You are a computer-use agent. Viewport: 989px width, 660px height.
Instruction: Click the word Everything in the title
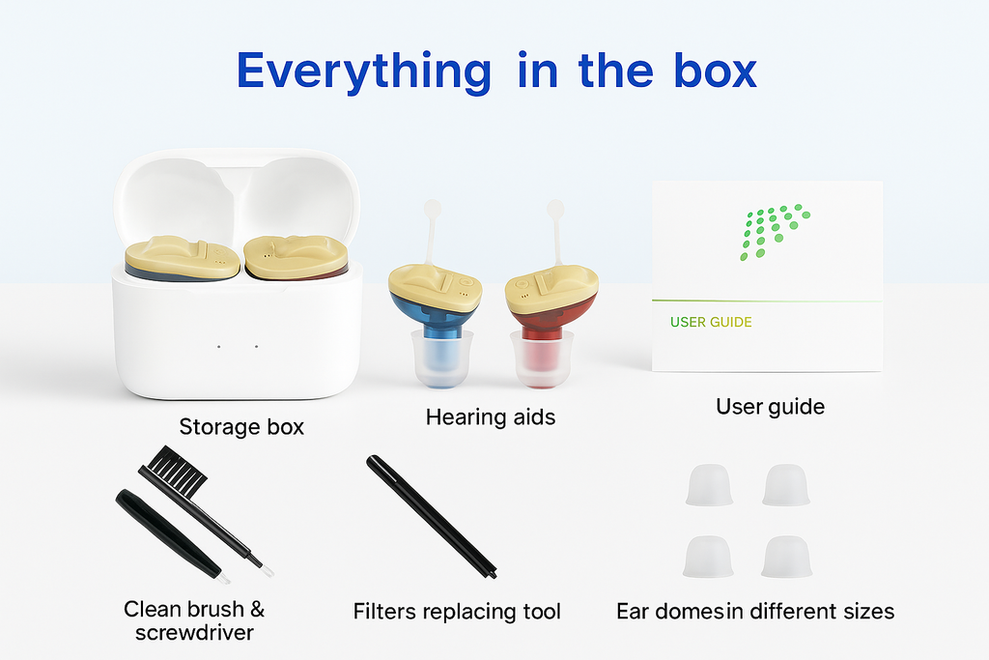point(363,72)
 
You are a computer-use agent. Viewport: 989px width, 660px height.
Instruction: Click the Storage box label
point(241,427)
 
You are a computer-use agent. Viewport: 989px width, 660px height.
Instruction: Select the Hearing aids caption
point(490,417)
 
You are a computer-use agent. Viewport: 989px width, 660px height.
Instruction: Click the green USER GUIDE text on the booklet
point(711,323)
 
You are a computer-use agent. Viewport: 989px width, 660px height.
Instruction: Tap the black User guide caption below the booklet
point(770,407)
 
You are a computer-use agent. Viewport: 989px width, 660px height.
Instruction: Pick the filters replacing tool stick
point(432,516)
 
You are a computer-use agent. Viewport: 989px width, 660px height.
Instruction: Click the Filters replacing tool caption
point(457,612)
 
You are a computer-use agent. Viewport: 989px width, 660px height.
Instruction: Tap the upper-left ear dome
point(709,485)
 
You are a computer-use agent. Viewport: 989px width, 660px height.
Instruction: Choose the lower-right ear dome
point(786,558)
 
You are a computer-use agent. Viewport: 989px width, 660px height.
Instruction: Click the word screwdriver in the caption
point(194,633)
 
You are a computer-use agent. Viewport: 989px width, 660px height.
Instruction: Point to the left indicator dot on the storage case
point(219,346)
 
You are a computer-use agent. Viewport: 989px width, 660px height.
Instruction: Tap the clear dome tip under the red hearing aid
point(542,359)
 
